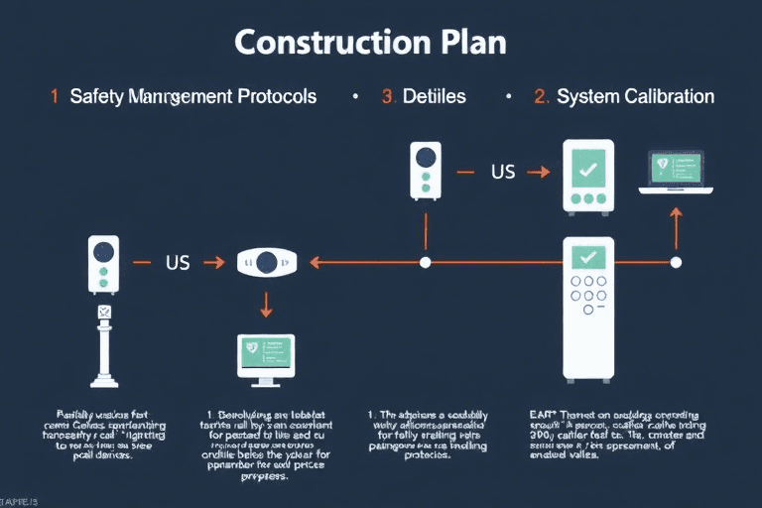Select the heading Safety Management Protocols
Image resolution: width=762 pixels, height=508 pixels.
[x=193, y=96]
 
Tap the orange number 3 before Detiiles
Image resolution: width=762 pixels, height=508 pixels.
[x=388, y=96]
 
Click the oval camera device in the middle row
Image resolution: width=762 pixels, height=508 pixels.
[x=266, y=263]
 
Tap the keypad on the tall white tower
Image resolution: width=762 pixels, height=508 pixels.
[x=588, y=295]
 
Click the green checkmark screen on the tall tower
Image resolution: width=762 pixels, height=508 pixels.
[x=588, y=257]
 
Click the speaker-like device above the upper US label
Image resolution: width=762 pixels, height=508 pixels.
[x=426, y=171]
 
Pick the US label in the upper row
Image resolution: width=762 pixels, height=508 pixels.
[x=503, y=172]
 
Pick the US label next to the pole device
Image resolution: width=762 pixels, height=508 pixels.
[x=177, y=263]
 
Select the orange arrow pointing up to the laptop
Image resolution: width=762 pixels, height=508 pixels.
[x=677, y=227]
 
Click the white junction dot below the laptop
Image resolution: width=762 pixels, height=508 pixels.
[x=677, y=263]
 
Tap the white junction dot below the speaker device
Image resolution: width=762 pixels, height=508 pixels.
[x=426, y=263]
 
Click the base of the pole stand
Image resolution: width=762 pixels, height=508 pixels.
[x=103, y=379]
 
